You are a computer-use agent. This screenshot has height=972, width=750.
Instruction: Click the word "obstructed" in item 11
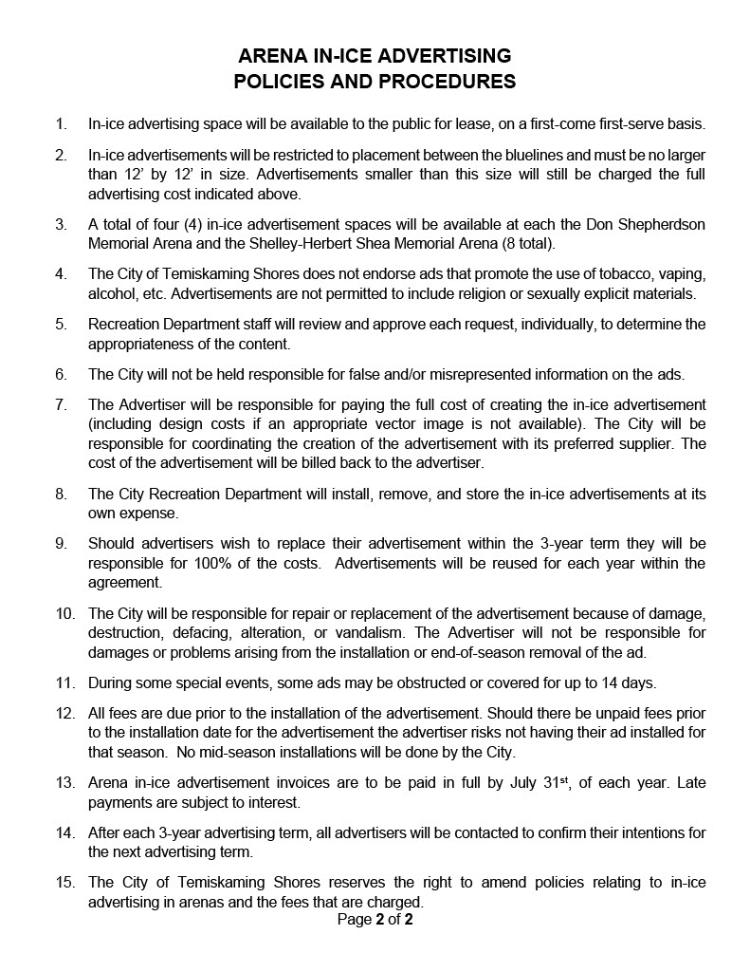[x=403, y=682]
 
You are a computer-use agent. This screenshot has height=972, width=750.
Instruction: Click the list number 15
[x=64, y=883]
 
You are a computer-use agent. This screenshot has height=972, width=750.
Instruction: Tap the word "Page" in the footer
[x=354, y=919]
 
